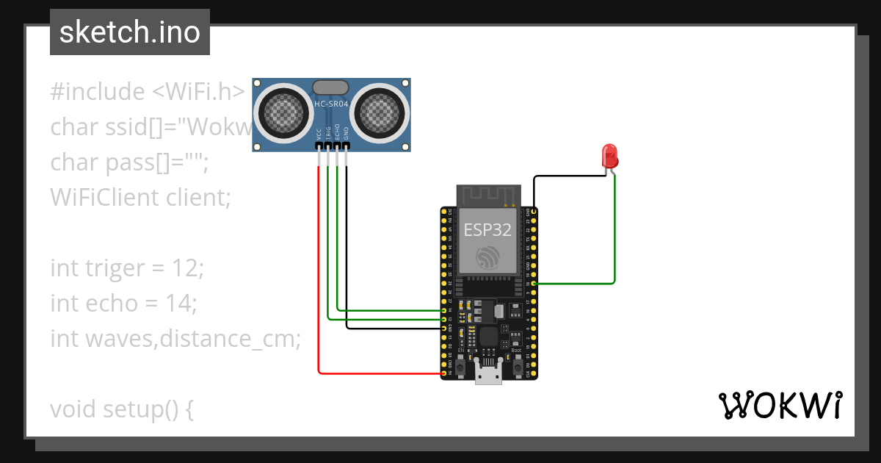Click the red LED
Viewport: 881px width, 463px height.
(609, 156)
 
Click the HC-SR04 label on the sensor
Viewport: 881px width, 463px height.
(331, 104)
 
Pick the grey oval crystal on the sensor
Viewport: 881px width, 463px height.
(331, 87)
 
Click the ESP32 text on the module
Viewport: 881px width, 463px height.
(487, 229)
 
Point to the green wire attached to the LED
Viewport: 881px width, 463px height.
(614, 235)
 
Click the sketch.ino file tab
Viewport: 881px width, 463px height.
(130, 32)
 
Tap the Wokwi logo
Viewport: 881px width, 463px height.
(780, 406)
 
